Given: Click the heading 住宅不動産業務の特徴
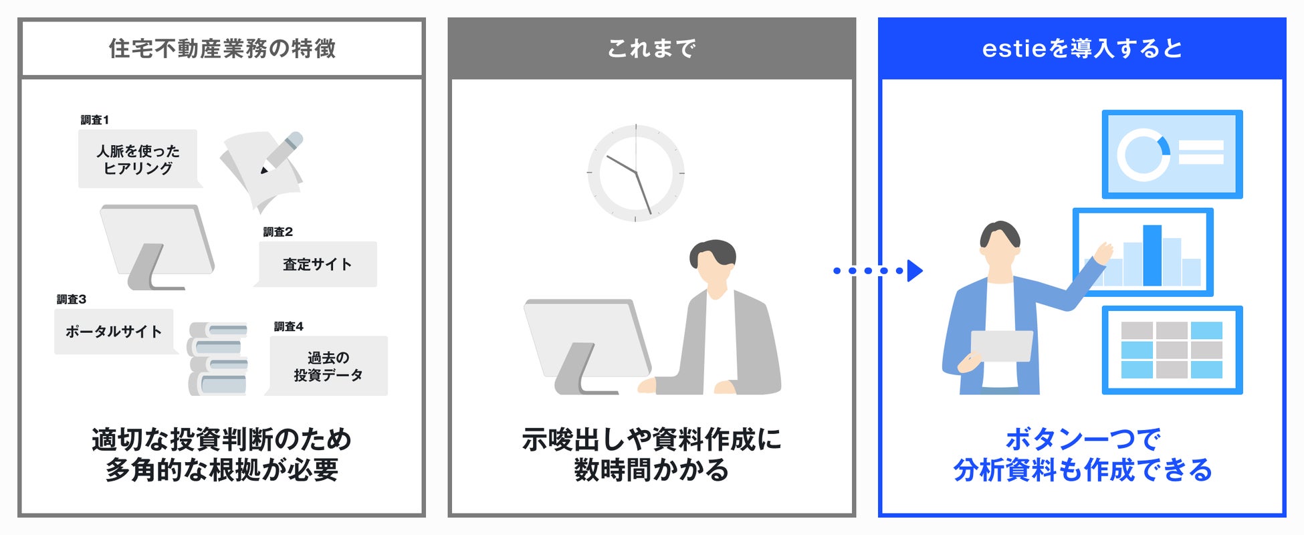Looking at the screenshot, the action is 222,48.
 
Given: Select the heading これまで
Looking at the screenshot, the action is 651,48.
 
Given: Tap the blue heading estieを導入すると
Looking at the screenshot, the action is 1081,48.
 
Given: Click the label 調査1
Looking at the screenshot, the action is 94,120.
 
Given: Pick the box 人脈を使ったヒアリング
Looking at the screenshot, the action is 138,159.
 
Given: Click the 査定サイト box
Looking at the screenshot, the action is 318,264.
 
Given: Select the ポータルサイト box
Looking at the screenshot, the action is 114,331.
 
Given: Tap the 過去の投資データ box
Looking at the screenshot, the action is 328,366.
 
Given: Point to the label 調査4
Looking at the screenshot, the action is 288,326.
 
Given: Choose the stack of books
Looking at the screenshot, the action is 218,358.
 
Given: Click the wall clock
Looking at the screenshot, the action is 635,173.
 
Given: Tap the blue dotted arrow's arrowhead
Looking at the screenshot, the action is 915,270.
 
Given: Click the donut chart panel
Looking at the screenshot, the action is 1172,154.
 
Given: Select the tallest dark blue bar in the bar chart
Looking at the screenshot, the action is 1152,255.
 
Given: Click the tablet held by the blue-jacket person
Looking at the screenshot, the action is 1001,346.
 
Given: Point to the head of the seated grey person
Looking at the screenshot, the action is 714,263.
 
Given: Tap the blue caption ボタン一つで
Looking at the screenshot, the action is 1082,439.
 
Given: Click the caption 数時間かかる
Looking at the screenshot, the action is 651,470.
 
